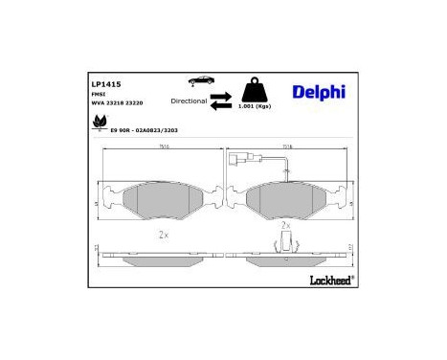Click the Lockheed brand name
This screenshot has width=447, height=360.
point(330,280)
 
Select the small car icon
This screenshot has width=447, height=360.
point(202,80)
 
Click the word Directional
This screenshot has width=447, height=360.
point(189,100)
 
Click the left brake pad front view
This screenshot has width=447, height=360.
point(160,198)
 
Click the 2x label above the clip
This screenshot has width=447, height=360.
point(284,225)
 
